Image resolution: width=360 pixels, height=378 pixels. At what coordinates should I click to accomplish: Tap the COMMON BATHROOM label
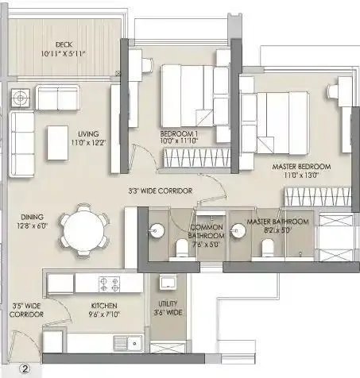pos(205,233)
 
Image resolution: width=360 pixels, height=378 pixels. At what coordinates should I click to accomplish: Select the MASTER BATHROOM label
pos(273,226)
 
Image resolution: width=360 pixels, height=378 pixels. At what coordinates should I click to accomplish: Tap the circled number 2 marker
pos(25,368)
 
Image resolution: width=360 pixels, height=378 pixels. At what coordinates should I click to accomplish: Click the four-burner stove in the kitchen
pos(110,283)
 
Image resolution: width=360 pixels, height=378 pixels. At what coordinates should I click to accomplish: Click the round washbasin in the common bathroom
pos(155,232)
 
